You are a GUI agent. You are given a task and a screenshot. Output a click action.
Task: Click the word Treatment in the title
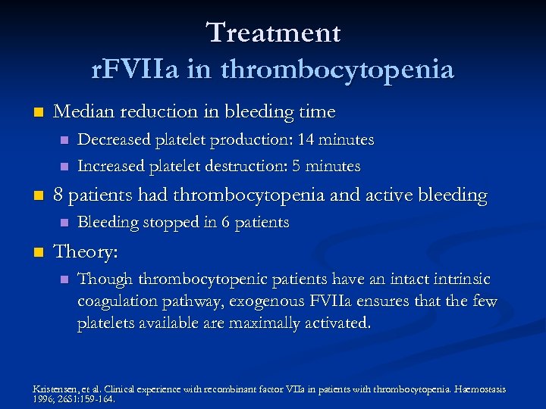coord(273,33)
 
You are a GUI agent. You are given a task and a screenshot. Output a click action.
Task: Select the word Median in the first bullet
coord(82,112)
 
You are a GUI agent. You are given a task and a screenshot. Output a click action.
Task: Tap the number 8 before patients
coord(58,195)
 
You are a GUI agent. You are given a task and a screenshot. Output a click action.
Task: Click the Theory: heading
coord(87,251)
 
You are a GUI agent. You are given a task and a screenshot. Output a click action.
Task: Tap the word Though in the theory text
coord(104,279)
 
